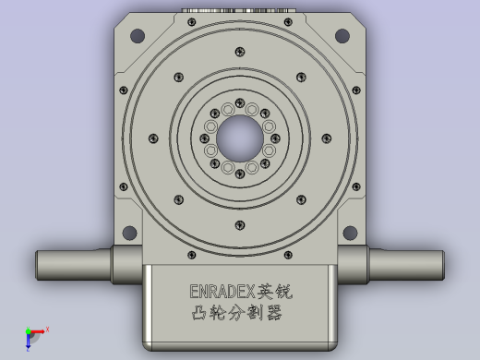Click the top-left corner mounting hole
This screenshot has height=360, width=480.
click(137, 36)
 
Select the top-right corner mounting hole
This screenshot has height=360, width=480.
click(343, 36)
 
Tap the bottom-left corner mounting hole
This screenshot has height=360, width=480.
click(129, 232)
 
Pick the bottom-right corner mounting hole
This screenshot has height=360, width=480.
click(350, 232)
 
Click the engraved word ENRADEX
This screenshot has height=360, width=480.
click(222, 291)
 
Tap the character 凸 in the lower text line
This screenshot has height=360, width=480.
click(198, 313)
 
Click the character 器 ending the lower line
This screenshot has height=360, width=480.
click(272, 313)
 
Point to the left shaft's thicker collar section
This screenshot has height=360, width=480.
click(126, 265)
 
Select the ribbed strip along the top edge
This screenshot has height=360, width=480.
click(240, 13)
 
